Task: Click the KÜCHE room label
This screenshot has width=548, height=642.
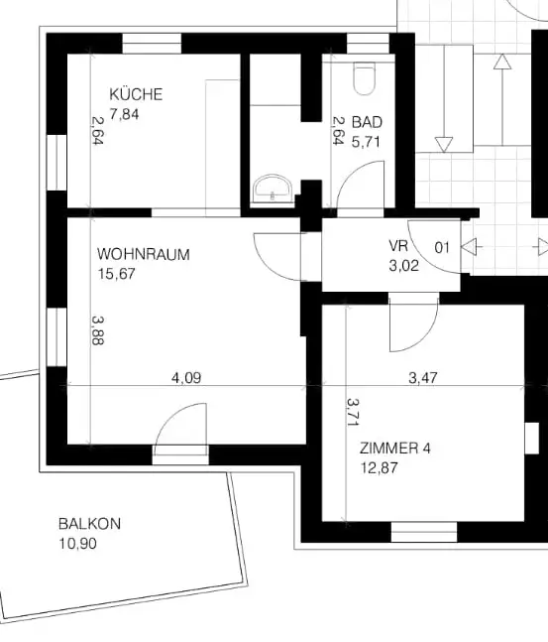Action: [x=136, y=95]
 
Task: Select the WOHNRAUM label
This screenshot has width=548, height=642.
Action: [x=143, y=254]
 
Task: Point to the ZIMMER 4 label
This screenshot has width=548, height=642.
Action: [x=394, y=449]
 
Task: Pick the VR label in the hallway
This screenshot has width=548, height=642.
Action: [x=398, y=246]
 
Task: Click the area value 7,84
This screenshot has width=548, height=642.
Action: [x=125, y=114]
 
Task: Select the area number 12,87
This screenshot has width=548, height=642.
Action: [x=378, y=467]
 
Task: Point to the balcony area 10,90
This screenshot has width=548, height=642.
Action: [x=78, y=544]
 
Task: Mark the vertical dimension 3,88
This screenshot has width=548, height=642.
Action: [x=97, y=329]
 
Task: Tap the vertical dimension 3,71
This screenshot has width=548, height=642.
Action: [x=353, y=413]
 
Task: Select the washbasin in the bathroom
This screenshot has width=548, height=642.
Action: [x=271, y=188]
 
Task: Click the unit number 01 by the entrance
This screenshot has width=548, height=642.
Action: [x=442, y=247]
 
